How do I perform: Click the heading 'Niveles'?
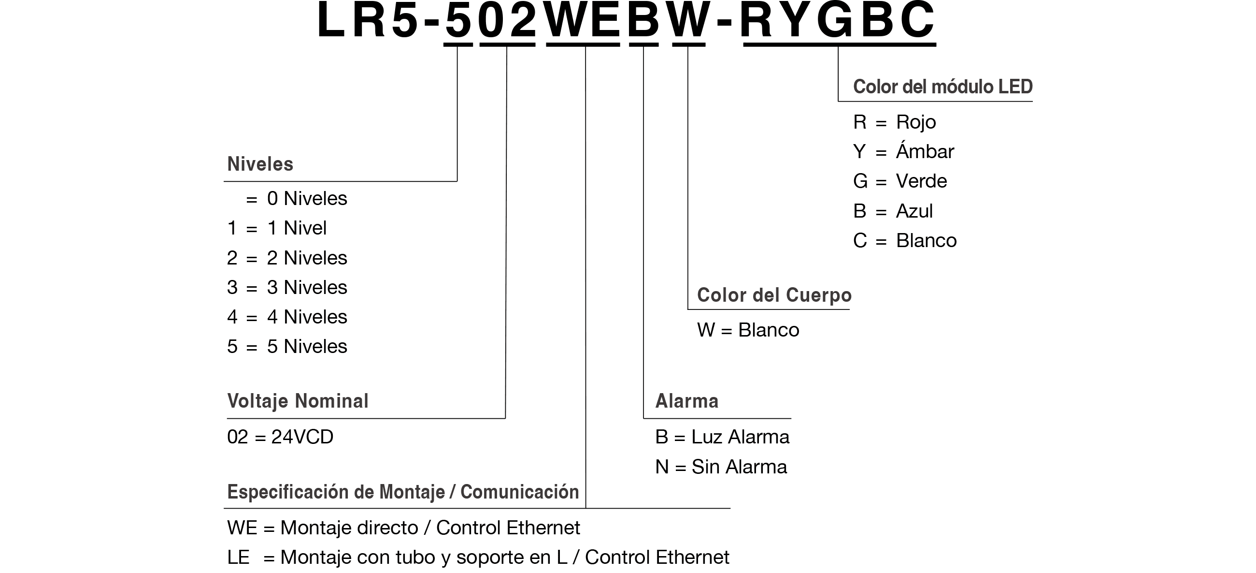260,164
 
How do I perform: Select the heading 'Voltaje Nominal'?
298,401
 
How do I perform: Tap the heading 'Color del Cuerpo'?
774,295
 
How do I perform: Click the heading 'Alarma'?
686,401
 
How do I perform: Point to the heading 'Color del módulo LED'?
943,87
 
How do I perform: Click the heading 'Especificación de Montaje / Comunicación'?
403,492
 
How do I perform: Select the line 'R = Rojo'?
895,122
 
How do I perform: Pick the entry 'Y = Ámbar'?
903,151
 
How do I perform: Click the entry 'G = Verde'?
900,181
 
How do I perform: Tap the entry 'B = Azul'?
893,211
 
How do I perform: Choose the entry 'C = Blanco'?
905,241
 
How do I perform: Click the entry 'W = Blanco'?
748,330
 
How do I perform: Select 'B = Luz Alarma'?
722,437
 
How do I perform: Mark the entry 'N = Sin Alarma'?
721,467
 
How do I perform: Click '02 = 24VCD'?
280,437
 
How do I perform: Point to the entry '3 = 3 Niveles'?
287,288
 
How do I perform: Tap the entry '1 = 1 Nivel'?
277,228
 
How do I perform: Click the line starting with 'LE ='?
478,558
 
